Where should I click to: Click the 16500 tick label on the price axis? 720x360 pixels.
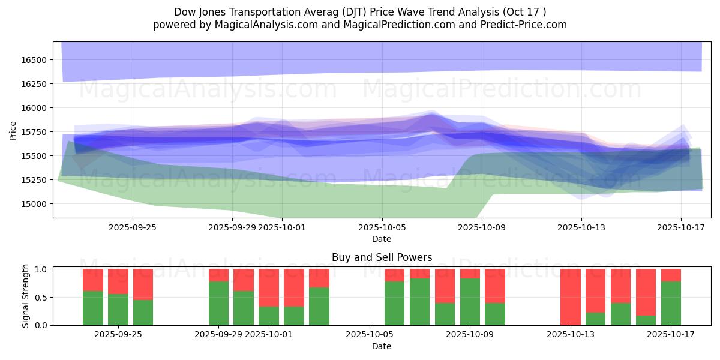35,60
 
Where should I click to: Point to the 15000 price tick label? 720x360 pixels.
35,204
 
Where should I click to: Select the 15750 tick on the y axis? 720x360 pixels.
35,132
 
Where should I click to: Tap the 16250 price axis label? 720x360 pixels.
35,84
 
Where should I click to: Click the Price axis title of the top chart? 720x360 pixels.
13,130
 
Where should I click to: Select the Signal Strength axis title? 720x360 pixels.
25,296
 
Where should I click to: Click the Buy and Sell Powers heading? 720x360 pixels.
382,257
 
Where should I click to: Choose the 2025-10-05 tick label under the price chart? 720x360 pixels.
382,227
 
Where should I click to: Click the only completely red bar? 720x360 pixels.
571,297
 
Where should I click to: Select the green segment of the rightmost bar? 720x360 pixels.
671,303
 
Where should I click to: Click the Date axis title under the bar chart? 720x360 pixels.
382,346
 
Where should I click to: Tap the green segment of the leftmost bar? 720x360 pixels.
93,308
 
